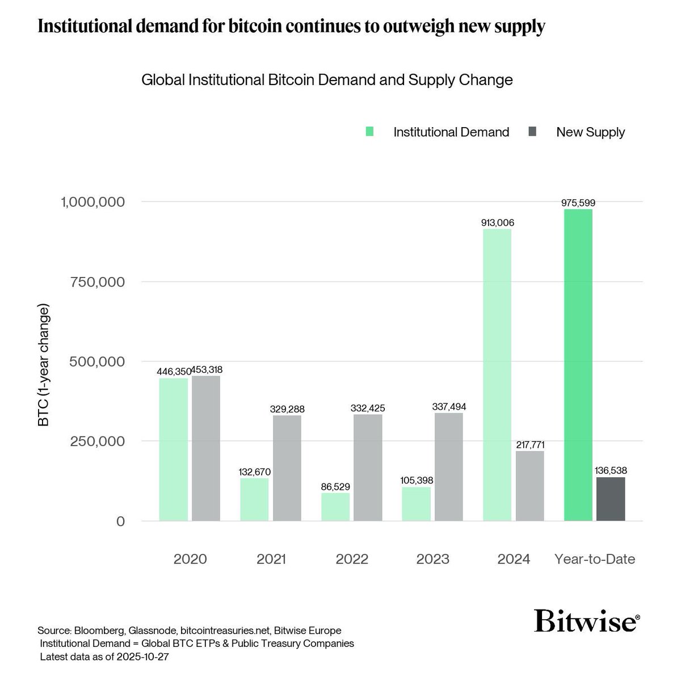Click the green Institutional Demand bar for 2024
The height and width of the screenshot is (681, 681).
497,375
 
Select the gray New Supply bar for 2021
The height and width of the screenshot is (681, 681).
287,468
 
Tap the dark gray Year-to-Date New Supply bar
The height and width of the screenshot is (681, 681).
611,499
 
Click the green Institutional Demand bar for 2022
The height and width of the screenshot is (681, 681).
335,507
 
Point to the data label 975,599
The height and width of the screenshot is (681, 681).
578,203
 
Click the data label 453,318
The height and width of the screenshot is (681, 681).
206,369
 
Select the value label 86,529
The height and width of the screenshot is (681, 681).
335,487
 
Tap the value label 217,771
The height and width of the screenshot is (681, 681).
530,445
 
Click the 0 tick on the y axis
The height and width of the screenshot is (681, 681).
120,521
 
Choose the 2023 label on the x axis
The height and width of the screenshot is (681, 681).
432,559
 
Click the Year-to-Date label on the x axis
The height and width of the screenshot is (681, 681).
594,559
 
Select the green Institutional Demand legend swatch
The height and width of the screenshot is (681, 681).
370,132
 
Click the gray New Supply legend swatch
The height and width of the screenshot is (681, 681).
532,132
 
